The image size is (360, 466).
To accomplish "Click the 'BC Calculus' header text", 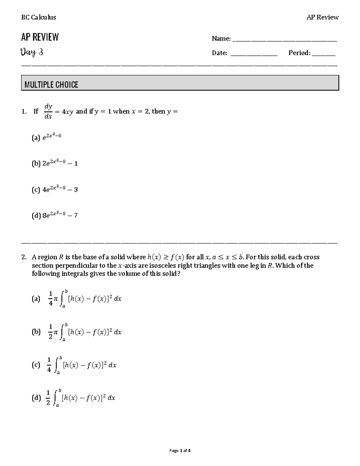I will pos(38,17).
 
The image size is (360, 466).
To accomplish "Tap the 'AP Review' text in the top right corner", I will pos(322,17).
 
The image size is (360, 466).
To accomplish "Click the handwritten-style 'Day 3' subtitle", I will pos(32,53).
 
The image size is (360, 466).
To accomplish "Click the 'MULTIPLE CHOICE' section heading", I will pos(51,85).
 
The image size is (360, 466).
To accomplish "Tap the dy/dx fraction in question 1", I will pos(48,111).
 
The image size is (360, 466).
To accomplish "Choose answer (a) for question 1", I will pos(46,138).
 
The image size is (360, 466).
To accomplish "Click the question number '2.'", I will pos(24,257).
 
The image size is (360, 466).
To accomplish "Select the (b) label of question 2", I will pos(36,332).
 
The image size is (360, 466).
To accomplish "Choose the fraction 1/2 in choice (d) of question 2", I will pos(48,398).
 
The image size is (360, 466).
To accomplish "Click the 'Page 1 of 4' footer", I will pos(180,450).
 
